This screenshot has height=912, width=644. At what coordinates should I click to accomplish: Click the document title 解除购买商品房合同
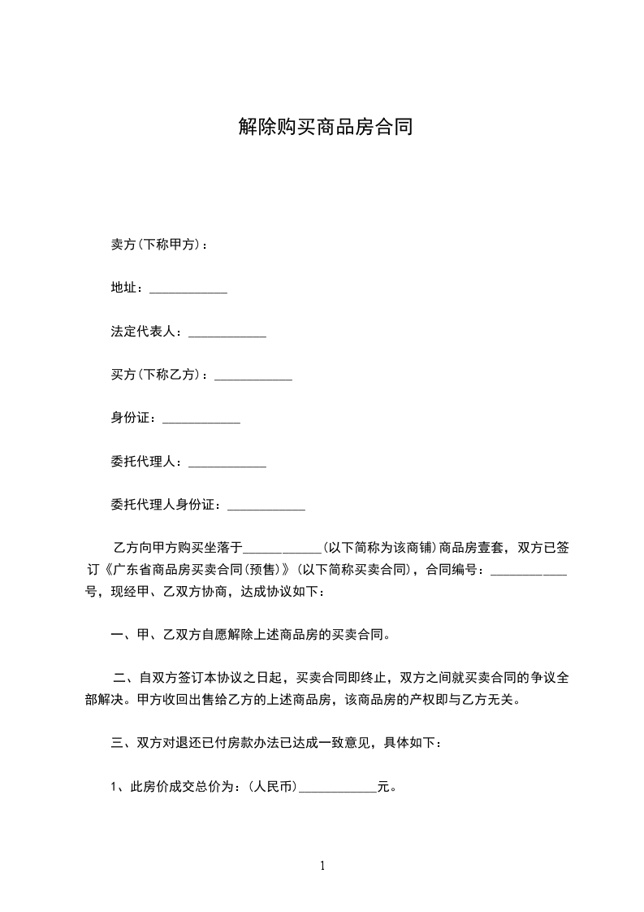(x=325, y=127)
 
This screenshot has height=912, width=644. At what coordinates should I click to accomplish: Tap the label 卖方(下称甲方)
(x=155, y=244)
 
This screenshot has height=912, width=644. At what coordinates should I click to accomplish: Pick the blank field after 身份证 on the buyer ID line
(x=201, y=420)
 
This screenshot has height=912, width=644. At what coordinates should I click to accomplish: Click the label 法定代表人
(x=146, y=332)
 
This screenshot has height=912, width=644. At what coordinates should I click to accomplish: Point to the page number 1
(x=322, y=866)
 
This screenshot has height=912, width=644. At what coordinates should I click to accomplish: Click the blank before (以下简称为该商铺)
(x=283, y=549)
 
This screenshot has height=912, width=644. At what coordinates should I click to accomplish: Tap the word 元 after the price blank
(x=384, y=787)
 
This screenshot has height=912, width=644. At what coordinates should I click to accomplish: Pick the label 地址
(x=124, y=289)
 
